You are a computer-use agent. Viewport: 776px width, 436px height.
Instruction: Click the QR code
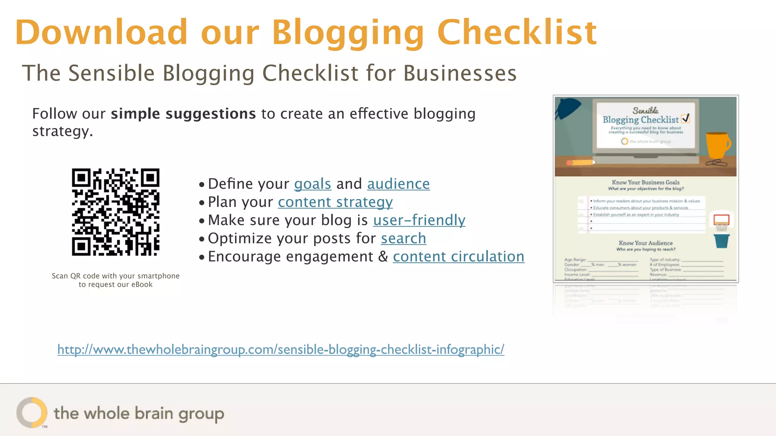116,212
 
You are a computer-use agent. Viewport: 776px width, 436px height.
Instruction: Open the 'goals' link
313,184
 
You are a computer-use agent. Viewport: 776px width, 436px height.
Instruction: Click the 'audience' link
398,184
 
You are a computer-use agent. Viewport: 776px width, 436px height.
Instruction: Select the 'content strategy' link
335,202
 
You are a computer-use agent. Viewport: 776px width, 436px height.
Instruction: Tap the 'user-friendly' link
419,220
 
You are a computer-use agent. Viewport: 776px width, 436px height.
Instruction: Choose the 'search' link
404,238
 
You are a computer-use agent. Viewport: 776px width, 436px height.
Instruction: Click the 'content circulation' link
458,257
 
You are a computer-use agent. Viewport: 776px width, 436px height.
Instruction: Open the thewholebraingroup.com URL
280,349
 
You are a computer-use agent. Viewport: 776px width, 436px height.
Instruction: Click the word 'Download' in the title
101,33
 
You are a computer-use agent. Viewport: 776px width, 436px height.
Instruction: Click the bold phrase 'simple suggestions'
183,114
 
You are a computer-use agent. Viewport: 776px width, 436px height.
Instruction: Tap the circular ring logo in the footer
32,412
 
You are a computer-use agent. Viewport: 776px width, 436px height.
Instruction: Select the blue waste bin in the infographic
721,241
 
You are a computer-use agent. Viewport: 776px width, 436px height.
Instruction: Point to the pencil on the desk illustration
580,162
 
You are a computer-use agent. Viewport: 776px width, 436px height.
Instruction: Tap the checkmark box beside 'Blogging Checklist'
685,119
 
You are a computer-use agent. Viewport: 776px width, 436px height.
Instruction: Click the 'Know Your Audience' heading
646,243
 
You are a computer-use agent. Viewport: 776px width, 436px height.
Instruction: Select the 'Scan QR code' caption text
116,280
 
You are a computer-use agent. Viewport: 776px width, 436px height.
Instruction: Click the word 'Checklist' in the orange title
517,33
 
